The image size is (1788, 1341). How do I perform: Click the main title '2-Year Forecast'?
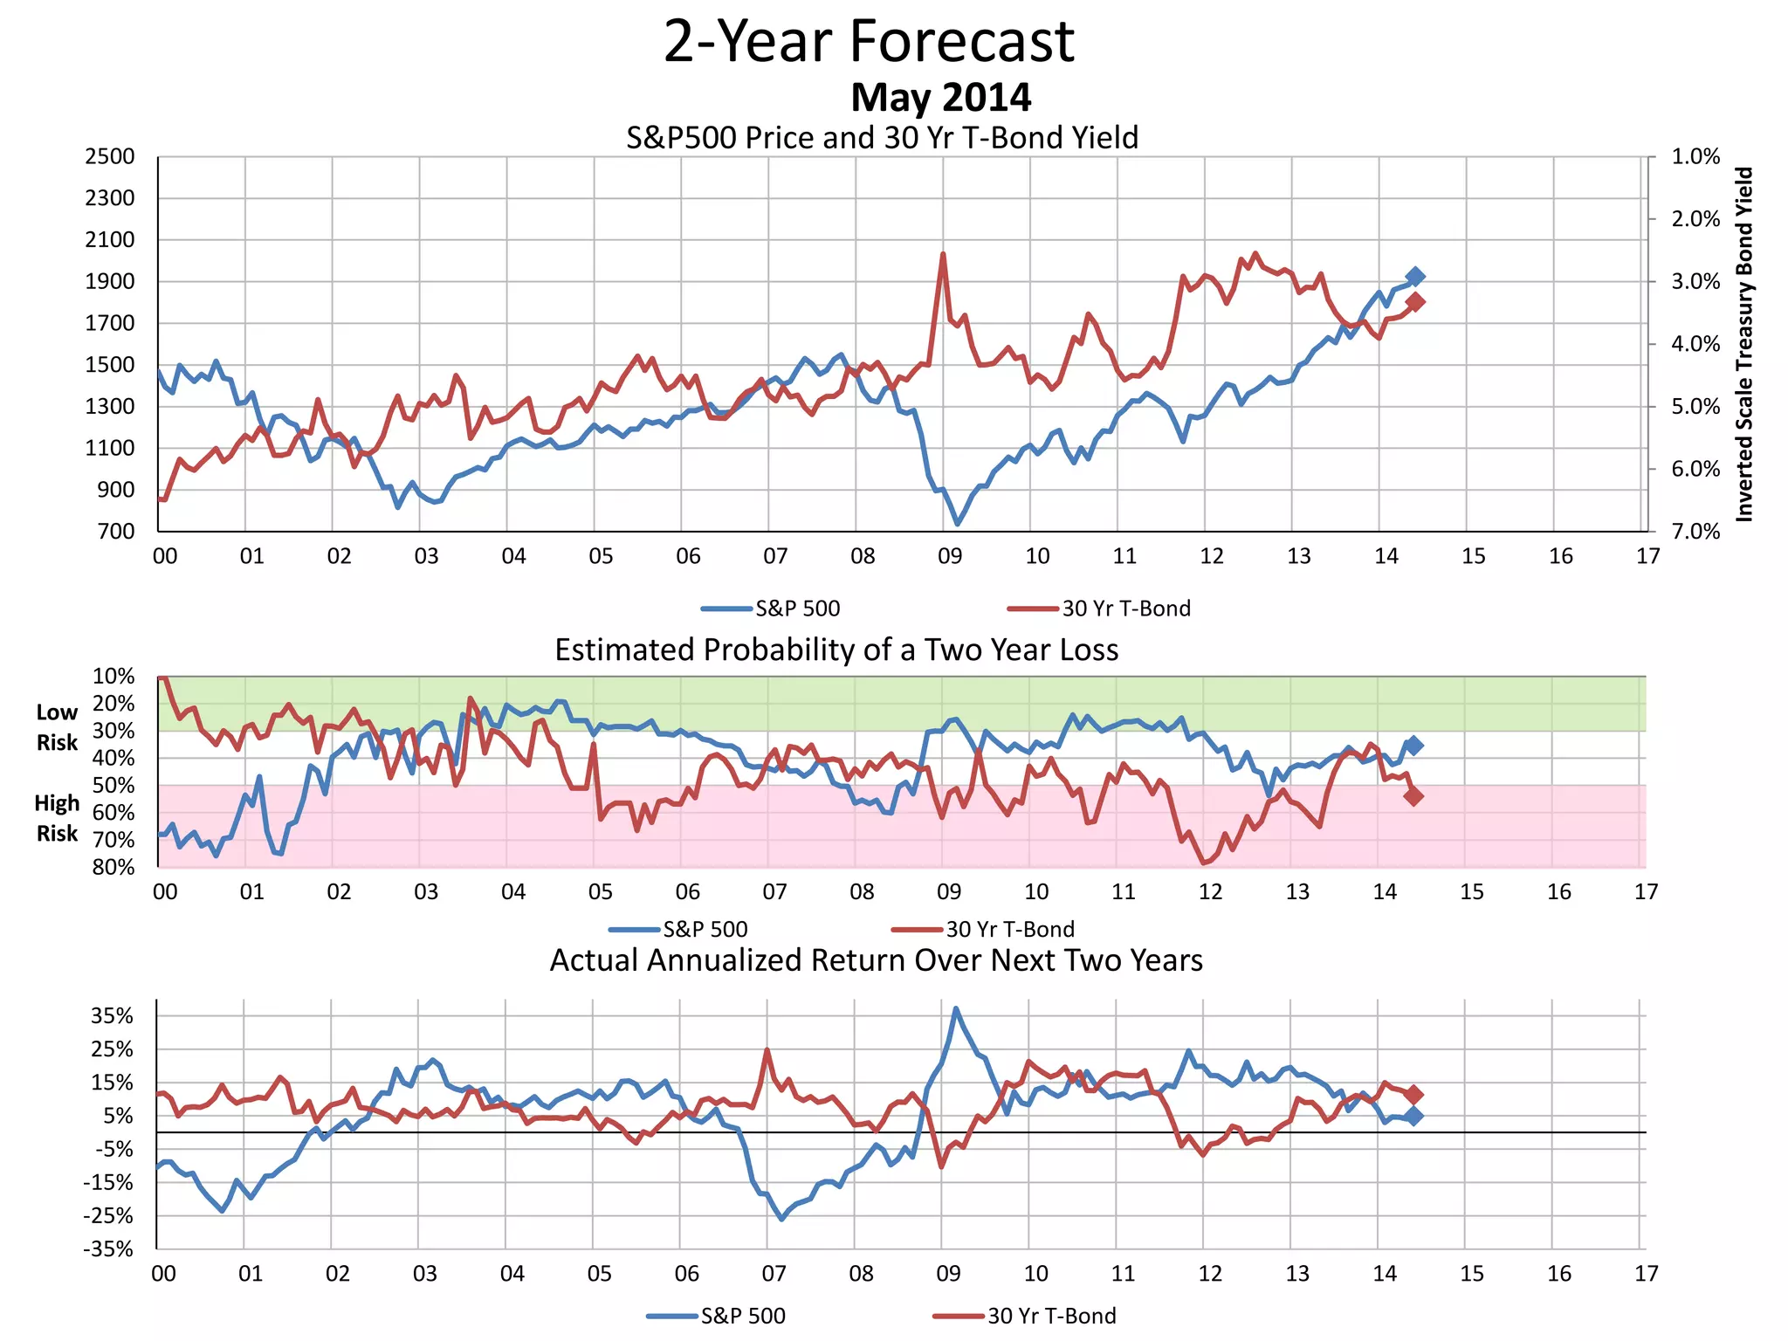(869, 42)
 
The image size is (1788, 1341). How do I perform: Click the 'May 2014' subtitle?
(940, 97)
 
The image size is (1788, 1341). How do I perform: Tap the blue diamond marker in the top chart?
(1415, 277)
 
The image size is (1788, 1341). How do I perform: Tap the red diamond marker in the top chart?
(1415, 302)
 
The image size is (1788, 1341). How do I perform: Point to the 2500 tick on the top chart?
(110, 157)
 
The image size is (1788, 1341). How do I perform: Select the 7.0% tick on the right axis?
(1695, 532)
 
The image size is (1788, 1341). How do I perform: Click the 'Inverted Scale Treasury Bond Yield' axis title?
(1744, 345)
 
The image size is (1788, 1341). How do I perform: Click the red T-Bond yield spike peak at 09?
(943, 254)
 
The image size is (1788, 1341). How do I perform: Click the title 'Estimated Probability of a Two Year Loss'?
(836, 650)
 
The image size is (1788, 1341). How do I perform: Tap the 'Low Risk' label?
(57, 727)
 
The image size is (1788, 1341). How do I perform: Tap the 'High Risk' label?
(57, 818)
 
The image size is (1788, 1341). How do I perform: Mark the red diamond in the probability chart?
(1414, 796)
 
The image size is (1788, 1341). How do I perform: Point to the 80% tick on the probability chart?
(113, 867)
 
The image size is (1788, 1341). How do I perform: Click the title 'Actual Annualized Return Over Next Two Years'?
(876, 960)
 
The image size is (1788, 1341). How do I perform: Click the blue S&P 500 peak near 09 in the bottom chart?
(956, 1009)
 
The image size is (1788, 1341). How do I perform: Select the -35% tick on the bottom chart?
(108, 1249)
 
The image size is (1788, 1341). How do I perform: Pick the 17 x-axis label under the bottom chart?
(1646, 1274)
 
